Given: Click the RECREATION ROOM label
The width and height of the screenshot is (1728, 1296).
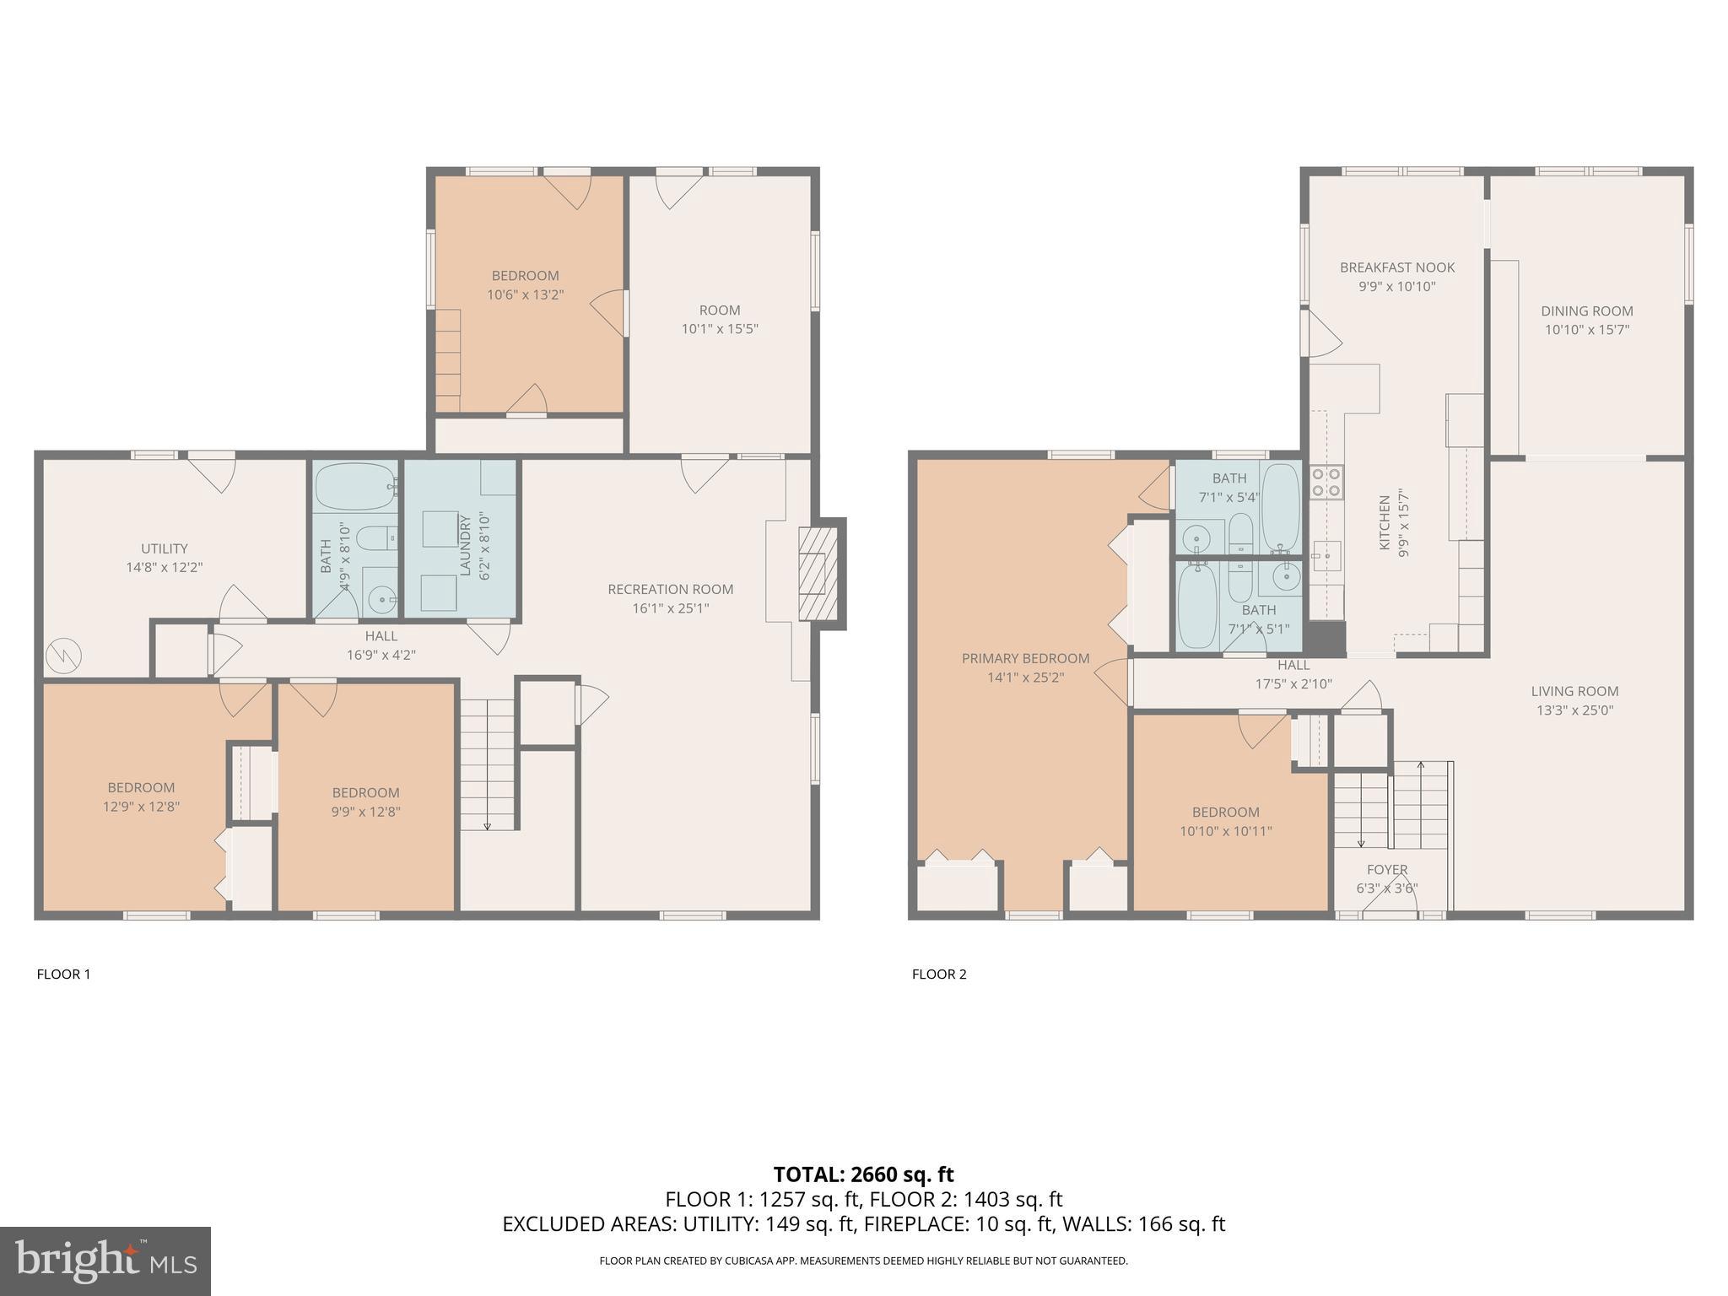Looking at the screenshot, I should (x=670, y=589).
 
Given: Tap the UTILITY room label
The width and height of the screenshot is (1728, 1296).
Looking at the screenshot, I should (x=165, y=548).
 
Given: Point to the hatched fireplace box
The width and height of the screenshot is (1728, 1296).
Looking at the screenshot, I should (x=818, y=574).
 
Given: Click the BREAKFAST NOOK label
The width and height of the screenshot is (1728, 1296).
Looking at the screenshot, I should (x=1397, y=267).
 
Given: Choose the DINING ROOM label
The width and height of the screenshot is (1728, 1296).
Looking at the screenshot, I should (x=1586, y=310).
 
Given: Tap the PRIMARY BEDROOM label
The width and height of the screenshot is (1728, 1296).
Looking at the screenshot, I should (x=1025, y=658).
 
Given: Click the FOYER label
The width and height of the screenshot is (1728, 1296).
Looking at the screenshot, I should (x=1387, y=869).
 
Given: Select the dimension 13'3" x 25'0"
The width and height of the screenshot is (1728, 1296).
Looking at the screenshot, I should (x=1574, y=710).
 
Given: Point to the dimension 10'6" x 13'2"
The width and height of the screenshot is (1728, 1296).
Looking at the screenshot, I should (x=525, y=294).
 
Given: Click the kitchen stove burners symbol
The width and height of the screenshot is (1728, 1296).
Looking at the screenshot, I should (x=1326, y=483).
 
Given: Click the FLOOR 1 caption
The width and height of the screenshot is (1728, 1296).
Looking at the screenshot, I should (x=63, y=974).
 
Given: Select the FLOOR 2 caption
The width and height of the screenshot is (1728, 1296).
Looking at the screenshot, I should (x=939, y=974).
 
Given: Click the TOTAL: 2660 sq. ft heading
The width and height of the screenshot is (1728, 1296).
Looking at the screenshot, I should (x=863, y=1174).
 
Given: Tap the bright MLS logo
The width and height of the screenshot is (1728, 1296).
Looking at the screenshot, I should (x=105, y=1261).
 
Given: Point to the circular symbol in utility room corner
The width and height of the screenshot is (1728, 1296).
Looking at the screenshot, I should (x=63, y=654).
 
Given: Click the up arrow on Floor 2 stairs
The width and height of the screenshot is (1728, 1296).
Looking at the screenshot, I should (x=1421, y=768).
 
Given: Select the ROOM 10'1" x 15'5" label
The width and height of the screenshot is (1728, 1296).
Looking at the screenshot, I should (x=720, y=319).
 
